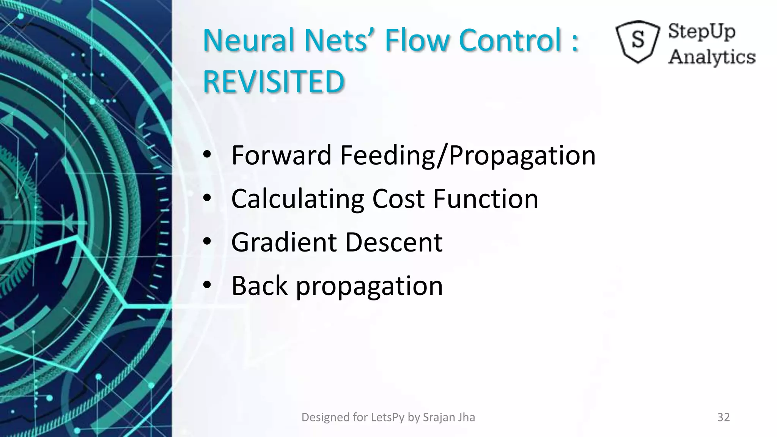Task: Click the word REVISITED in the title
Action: [274, 82]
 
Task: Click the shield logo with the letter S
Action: [638, 41]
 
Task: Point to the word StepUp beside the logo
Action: [702, 31]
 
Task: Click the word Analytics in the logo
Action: [712, 57]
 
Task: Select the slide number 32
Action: [724, 417]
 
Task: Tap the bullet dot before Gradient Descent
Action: [207, 241]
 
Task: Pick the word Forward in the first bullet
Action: [281, 155]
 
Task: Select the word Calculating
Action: [297, 199]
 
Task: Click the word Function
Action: [486, 199]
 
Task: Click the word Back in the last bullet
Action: [260, 286]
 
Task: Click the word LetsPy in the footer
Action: [388, 417]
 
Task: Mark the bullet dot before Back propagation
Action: [207, 285]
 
